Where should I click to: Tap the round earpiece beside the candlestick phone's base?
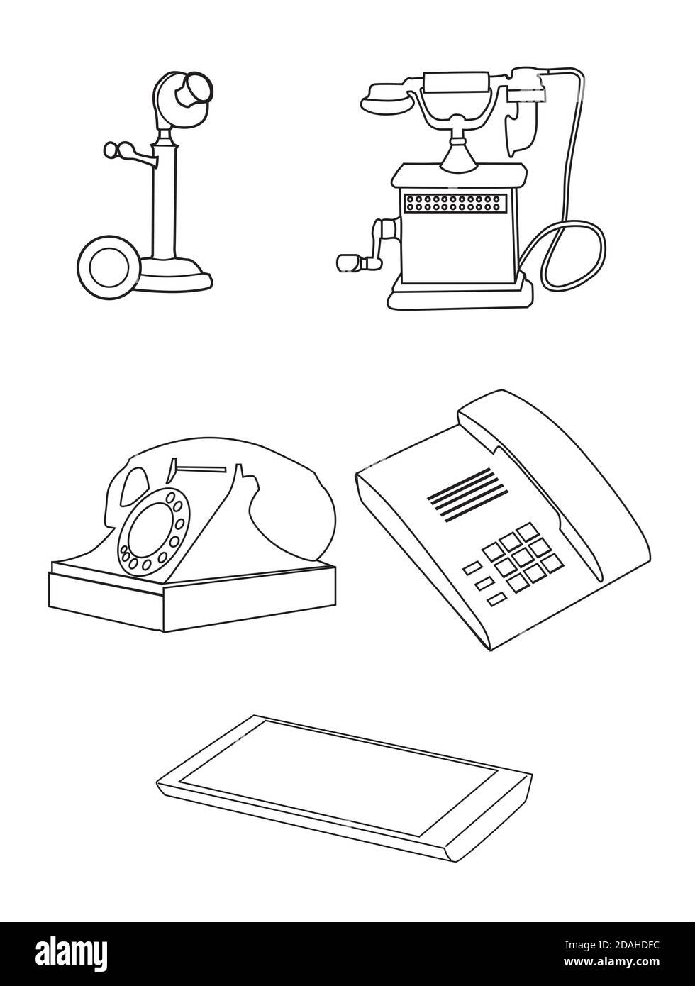(x=109, y=267)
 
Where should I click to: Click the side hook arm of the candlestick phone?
(x=128, y=153)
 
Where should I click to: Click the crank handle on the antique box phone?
(x=369, y=248)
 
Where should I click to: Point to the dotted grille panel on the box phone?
(x=455, y=202)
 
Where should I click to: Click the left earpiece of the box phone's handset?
(x=385, y=99)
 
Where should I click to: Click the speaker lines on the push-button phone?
(x=467, y=495)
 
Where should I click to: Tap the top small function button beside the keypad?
(x=472, y=569)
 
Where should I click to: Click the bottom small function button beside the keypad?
(x=496, y=599)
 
